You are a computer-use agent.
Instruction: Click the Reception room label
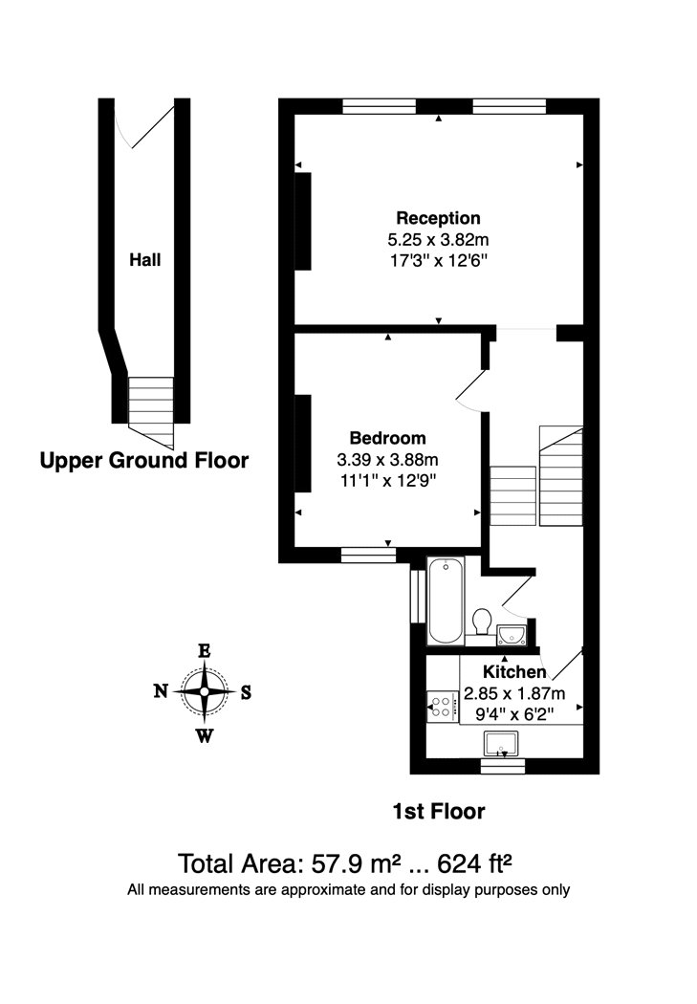(x=438, y=218)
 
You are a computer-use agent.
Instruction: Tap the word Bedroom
(x=387, y=438)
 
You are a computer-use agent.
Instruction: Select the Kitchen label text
(x=514, y=672)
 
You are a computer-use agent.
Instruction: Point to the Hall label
(x=146, y=259)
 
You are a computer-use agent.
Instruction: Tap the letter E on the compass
(x=204, y=650)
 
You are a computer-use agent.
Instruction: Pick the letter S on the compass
(x=246, y=692)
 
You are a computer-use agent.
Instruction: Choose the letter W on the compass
(x=205, y=735)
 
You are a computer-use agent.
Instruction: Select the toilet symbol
(x=483, y=622)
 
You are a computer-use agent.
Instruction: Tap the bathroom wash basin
(x=512, y=633)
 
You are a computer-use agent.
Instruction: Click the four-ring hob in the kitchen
(x=442, y=707)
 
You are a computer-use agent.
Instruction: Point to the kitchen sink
(x=502, y=743)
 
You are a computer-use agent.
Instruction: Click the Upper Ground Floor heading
(x=143, y=461)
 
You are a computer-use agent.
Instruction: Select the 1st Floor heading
(x=439, y=812)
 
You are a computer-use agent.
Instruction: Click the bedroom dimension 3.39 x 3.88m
(x=387, y=458)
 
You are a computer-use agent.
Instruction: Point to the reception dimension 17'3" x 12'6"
(x=438, y=258)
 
